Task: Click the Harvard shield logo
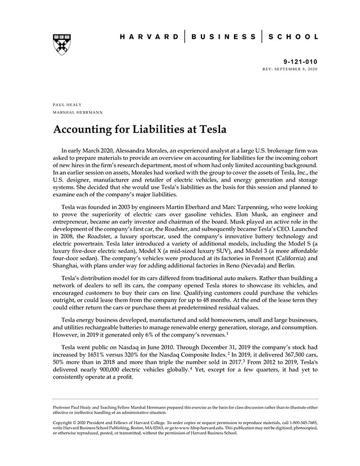tap(61, 45)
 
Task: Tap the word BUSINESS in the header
tap(223, 37)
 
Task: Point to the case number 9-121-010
tap(300, 61)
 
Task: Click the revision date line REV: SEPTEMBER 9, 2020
tap(290, 68)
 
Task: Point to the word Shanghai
tap(68, 264)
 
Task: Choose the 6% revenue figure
tap(145, 336)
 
